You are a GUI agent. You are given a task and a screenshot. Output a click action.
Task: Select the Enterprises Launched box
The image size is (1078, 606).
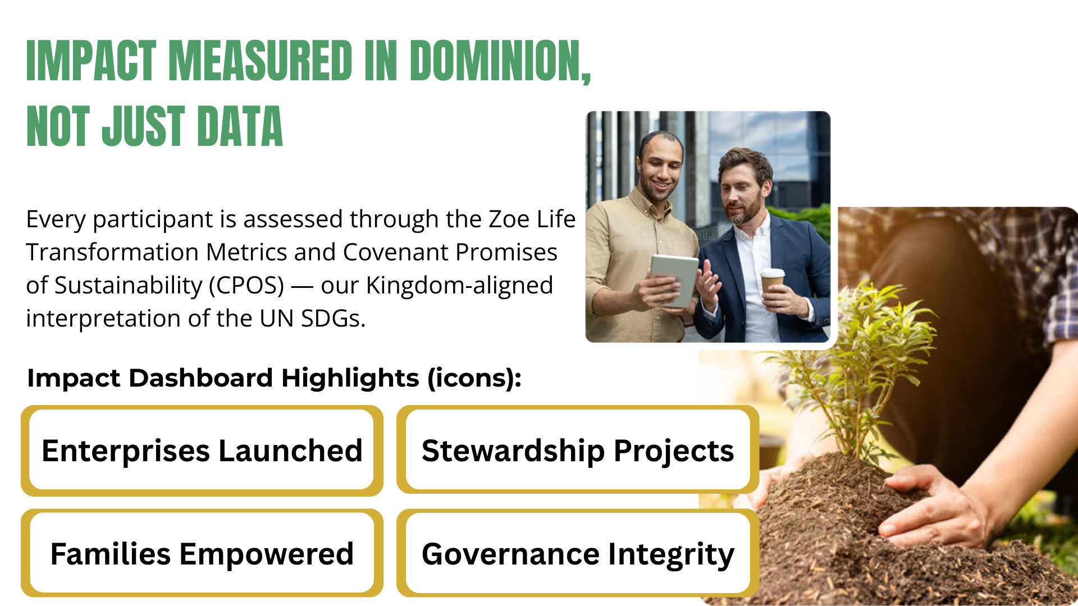202,451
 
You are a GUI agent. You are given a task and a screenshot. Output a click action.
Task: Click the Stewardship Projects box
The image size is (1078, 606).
578,450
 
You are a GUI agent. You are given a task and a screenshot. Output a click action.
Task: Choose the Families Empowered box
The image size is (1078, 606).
202,553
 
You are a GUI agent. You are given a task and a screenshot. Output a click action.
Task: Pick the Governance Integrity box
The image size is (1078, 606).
578,553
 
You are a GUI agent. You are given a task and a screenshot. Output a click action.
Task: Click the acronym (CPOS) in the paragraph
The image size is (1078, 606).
246,286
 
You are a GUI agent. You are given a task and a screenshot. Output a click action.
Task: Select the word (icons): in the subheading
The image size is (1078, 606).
474,378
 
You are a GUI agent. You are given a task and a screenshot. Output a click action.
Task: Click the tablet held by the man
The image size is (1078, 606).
673,280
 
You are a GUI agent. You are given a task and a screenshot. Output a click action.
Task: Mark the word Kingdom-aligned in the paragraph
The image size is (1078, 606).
459,286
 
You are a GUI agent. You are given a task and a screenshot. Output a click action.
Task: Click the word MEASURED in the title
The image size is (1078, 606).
261,61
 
